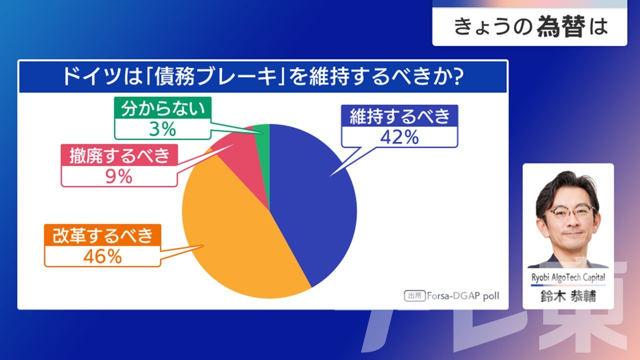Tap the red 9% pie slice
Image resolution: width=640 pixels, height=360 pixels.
(x=245, y=160)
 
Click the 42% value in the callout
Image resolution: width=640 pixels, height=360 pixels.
(x=399, y=137)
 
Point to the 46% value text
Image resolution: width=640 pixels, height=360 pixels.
(x=102, y=256)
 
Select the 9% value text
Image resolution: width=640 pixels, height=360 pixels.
(x=119, y=176)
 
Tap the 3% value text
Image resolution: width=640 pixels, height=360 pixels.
(x=162, y=129)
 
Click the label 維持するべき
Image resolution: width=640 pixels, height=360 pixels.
(x=399, y=116)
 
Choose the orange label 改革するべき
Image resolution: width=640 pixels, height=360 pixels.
(x=103, y=235)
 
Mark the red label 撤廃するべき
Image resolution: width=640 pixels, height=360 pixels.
(x=119, y=155)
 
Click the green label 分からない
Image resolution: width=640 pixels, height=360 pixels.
(x=163, y=108)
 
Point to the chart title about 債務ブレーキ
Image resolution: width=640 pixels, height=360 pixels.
(x=263, y=76)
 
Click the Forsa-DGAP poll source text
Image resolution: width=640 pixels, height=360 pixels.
(x=463, y=296)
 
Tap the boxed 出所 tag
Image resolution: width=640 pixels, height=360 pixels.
(x=415, y=296)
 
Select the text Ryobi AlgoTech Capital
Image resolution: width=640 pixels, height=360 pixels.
(x=568, y=277)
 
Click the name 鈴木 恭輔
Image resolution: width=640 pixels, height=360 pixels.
(x=568, y=296)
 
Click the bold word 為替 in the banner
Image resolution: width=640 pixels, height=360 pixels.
(x=561, y=26)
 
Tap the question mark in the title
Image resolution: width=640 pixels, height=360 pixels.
(x=457, y=76)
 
